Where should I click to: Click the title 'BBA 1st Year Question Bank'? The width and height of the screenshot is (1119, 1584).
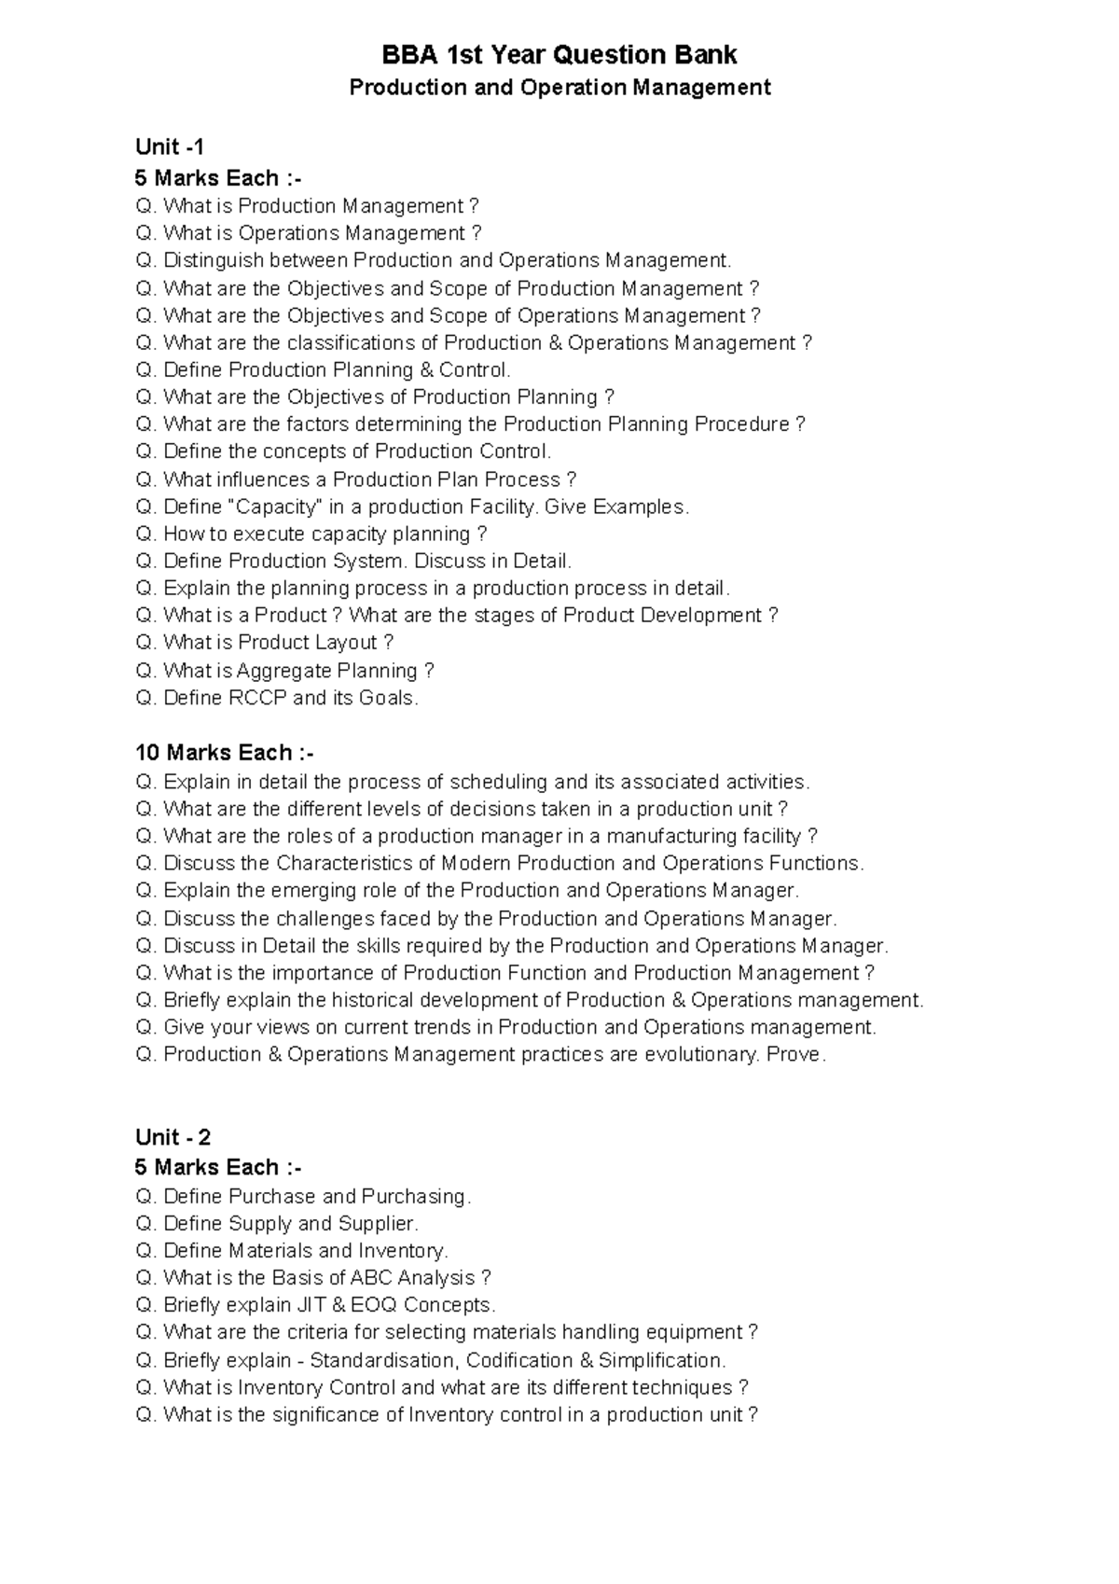(559, 56)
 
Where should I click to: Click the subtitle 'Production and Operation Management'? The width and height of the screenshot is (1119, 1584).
(559, 88)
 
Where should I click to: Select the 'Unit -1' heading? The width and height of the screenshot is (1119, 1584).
(170, 146)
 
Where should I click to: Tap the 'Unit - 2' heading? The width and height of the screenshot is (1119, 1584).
(173, 1137)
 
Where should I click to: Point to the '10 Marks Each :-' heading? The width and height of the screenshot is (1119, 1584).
(224, 753)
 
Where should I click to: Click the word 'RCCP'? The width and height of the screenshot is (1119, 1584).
(258, 698)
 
